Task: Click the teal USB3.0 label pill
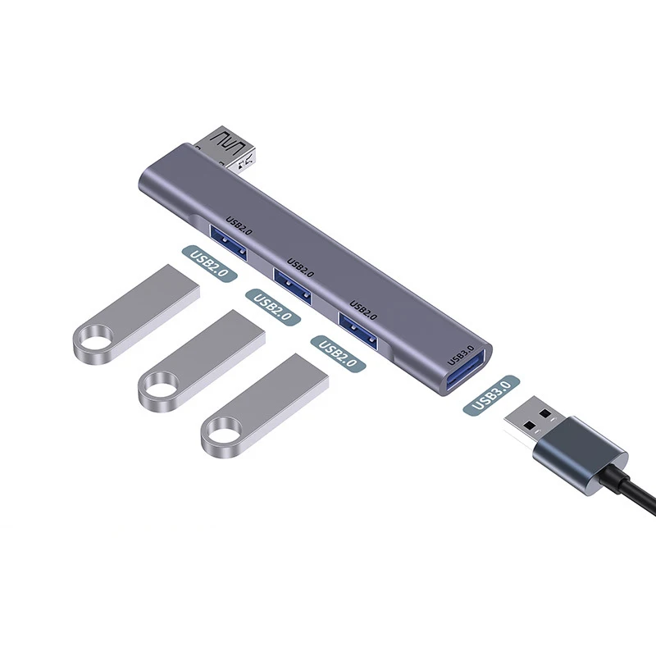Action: pyautogui.click(x=492, y=395)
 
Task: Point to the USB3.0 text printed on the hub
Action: pyautogui.click(x=461, y=353)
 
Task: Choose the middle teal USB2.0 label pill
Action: pyautogui.click(x=273, y=307)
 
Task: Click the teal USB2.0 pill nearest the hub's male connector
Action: pyautogui.click(x=208, y=264)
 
